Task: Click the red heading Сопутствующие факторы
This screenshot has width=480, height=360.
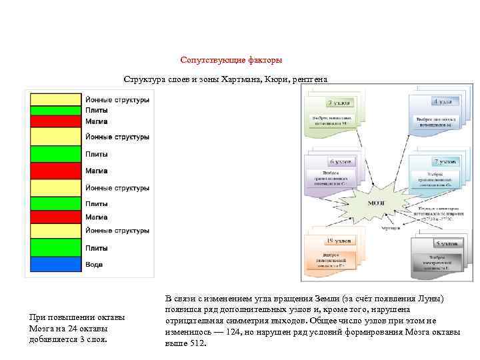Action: click(231, 60)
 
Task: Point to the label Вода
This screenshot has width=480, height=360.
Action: click(94, 265)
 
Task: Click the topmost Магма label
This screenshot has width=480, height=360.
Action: click(97, 121)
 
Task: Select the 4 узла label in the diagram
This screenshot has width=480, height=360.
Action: click(442, 102)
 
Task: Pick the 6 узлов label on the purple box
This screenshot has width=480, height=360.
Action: click(340, 162)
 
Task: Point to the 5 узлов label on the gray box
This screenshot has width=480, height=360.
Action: click(445, 243)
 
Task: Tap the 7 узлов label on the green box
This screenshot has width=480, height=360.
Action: click(339, 103)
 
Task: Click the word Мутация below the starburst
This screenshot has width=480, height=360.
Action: click(391, 228)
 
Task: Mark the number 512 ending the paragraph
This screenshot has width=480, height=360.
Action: click(198, 343)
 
